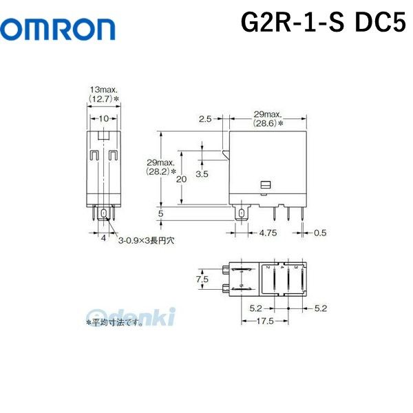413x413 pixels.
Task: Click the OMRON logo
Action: [x=58, y=29]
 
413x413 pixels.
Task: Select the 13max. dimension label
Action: [x=104, y=90]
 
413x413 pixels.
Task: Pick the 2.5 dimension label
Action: [x=204, y=119]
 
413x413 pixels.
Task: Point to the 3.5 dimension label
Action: [x=202, y=175]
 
